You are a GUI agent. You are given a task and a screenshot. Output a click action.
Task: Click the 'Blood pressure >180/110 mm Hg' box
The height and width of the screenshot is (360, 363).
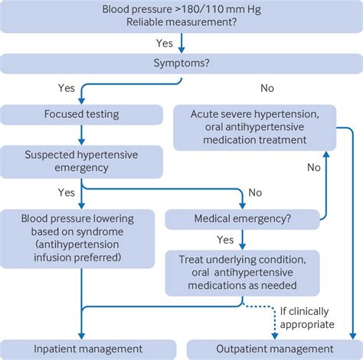tap(181, 18)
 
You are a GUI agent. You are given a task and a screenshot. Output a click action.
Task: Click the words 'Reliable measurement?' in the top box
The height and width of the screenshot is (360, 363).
tap(181, 25)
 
